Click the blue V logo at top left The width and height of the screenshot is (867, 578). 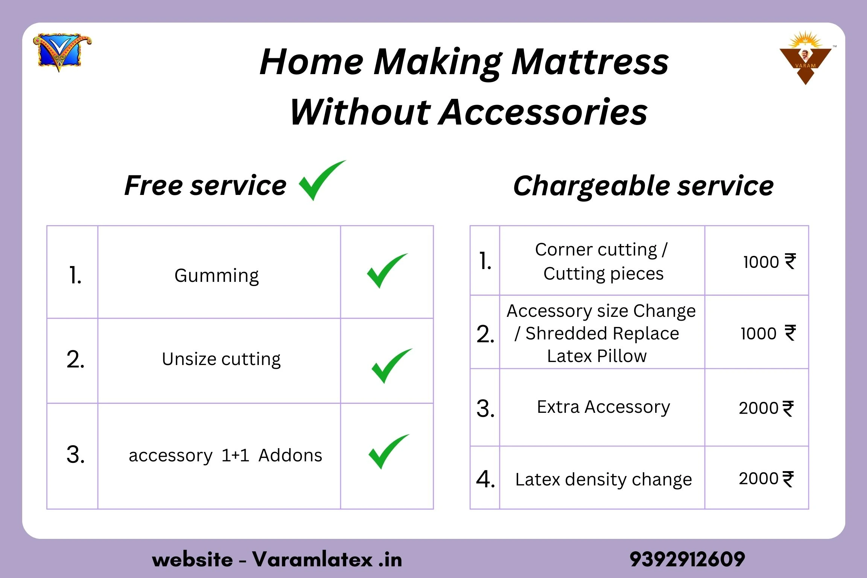coord(62,52)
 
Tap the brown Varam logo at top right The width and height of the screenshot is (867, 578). coord(806,58)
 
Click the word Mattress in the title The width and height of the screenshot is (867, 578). coord(590,63)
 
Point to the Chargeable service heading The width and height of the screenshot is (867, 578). coord(643,186)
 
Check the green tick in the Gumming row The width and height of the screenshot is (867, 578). coord(386,271)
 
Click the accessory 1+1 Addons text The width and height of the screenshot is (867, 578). coord(225,455)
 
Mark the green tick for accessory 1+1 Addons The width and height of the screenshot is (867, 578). coord(388,452)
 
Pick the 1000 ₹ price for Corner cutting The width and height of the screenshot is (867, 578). coord(770,262)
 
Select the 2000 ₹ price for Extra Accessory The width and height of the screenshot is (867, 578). coord(766,408)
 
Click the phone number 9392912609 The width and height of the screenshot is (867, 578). coord(687,560)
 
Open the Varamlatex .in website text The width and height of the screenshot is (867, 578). coord(327,560)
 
